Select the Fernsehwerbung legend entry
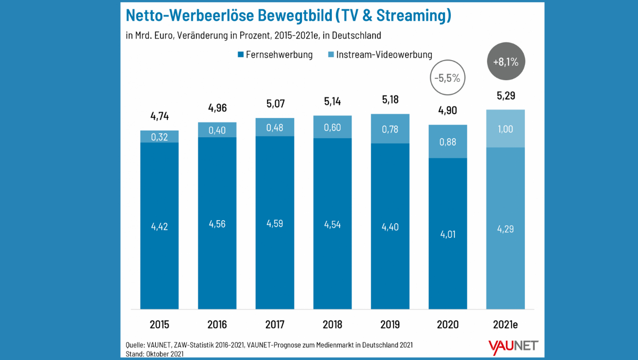pyautogui.click(x=274, y=54)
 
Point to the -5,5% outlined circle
pyautogui.click(x=448, y=78)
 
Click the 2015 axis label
pyautogui.click(x=159, y=324)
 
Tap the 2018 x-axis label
pyautogui.click(x=332, y=324)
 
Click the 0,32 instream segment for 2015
pyautogui.click(x=159, y=137)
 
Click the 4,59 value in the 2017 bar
pyautogui.click(x=275, y=223)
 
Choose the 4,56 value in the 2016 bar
pyautogui.click(x=217, y=224)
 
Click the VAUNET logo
pyautogui.click(x=513, y=346)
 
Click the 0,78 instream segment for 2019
pyautogui.click(x=390, y=129)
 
